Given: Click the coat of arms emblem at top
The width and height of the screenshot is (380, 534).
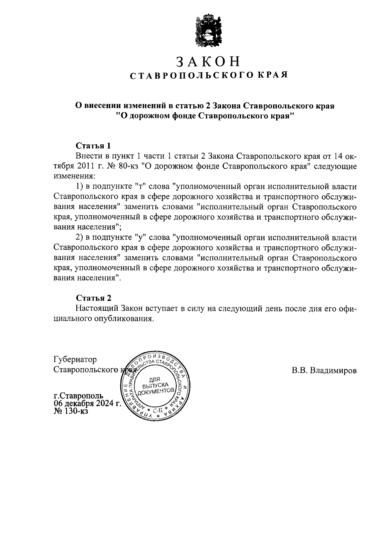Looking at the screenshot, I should (x=208, y=30).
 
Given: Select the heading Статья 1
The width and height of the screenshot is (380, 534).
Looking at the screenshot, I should (x=94, y=146).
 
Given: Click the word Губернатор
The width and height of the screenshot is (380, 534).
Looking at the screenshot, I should (x=75, y=360).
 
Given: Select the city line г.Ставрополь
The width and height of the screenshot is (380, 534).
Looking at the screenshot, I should (x=78, y=396).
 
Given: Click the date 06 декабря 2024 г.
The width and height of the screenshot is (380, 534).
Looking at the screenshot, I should (x=87, y=404).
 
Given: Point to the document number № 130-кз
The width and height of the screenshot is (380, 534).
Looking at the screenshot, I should (x=71, y=411).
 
